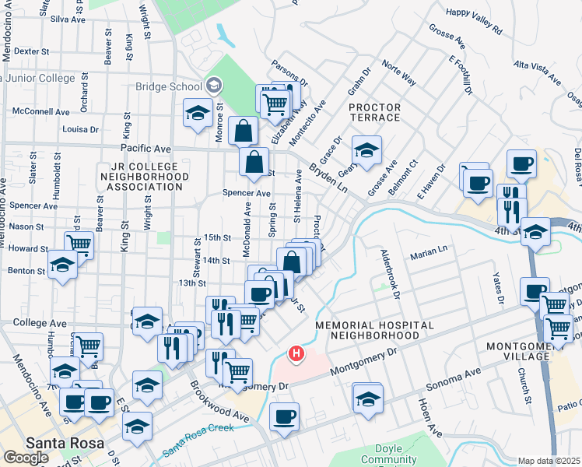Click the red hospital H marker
pos(296,354)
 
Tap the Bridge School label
pos(169,86)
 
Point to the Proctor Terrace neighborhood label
pos(374,112)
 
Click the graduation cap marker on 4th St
pos(535,231)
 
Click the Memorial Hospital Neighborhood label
pos(366,329)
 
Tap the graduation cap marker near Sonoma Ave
pos(367,397)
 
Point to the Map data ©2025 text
pos(549,461)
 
